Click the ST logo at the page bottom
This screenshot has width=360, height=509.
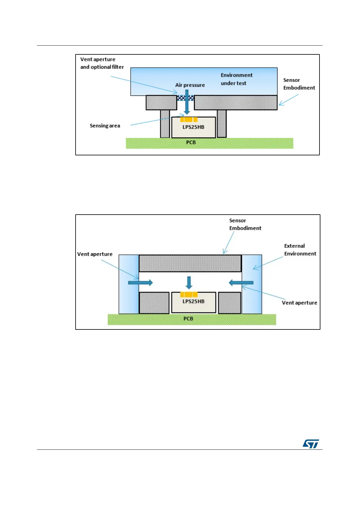tap(311, 444)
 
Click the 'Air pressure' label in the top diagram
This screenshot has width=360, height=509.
tap(190, 85)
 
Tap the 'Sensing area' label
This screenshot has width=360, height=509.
tap(105, 126)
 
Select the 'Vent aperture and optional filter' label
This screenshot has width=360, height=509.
tap(102, 63)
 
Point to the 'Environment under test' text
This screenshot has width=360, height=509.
tap(236, 79)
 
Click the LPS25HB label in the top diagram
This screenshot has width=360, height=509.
tap(193, 127)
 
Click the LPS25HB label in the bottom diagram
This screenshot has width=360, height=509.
tap(193, 302)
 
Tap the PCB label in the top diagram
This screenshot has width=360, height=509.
tap(191, 142)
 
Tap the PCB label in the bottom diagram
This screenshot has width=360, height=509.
tap(188, 319)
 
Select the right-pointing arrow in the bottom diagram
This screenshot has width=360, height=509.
tap(141, 283)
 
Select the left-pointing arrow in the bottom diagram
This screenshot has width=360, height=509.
tap(241, 283)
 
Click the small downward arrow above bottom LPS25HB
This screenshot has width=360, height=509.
tap(189, 283)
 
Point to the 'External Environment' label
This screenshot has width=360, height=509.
tap(300, 250)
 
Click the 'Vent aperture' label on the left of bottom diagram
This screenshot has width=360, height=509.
tap(95, 254)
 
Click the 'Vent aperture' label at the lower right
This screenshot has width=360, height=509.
tap(299, 303)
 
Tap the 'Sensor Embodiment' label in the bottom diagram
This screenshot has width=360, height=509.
tap(245, 224)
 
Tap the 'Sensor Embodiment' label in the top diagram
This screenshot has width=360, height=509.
tap(299, 84)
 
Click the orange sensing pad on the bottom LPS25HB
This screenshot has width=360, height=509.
tap(189, 294)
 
